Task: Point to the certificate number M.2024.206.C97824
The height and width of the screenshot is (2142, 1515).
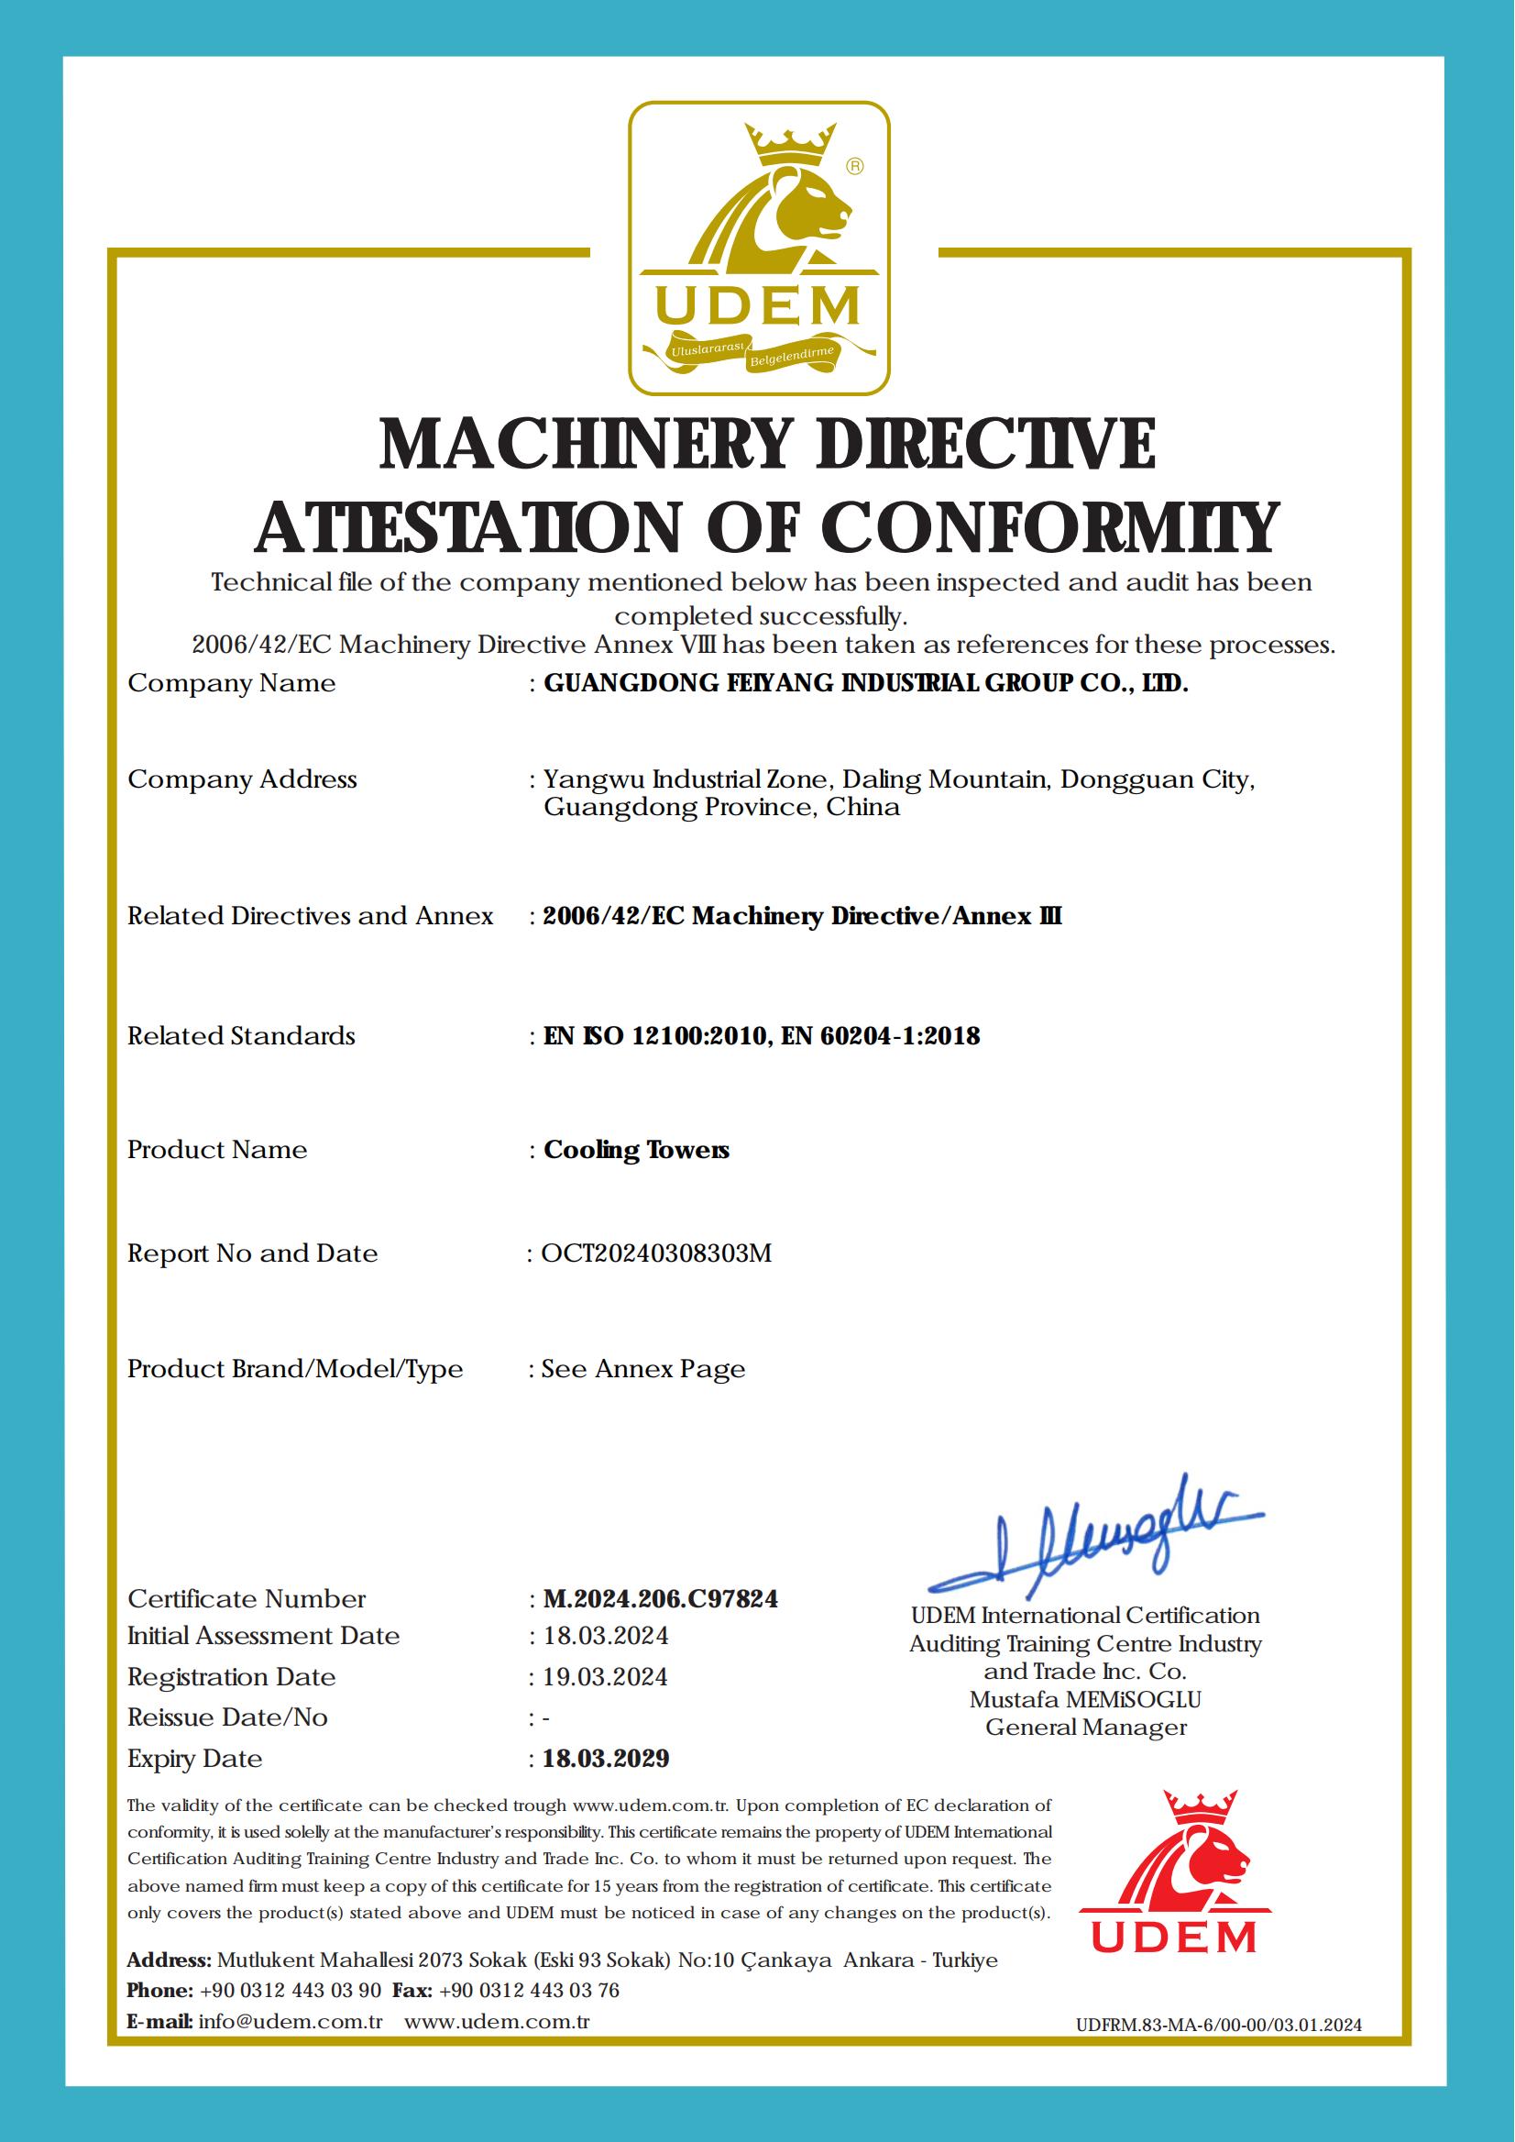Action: click(661, 1599)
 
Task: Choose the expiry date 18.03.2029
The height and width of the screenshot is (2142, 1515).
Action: click(606, 1759)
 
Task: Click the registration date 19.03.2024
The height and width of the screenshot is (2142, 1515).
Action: click(605, 1677)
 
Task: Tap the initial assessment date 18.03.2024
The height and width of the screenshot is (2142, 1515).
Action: click(605, 1636)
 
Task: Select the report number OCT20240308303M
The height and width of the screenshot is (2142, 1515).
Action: click(657, 1253)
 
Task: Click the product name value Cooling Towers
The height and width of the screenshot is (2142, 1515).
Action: click(636, 1150)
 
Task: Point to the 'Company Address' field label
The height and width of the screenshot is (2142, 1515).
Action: click(243, 779)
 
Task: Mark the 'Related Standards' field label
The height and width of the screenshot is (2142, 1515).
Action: click(242, 1036)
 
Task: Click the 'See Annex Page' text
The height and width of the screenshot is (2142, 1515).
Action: click(642, 1369)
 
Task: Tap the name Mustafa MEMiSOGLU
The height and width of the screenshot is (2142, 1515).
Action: click(1085, 1700)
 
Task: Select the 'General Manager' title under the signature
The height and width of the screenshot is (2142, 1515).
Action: click(1086, 1728)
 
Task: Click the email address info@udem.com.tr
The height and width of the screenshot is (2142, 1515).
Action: click(291, 2023)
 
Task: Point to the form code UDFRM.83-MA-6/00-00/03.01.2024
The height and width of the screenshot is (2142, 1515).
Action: click(1218, 2026)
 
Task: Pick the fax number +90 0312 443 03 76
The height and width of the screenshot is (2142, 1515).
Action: click(529, 1991)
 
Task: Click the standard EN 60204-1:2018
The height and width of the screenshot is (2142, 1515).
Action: click(881, 1036)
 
